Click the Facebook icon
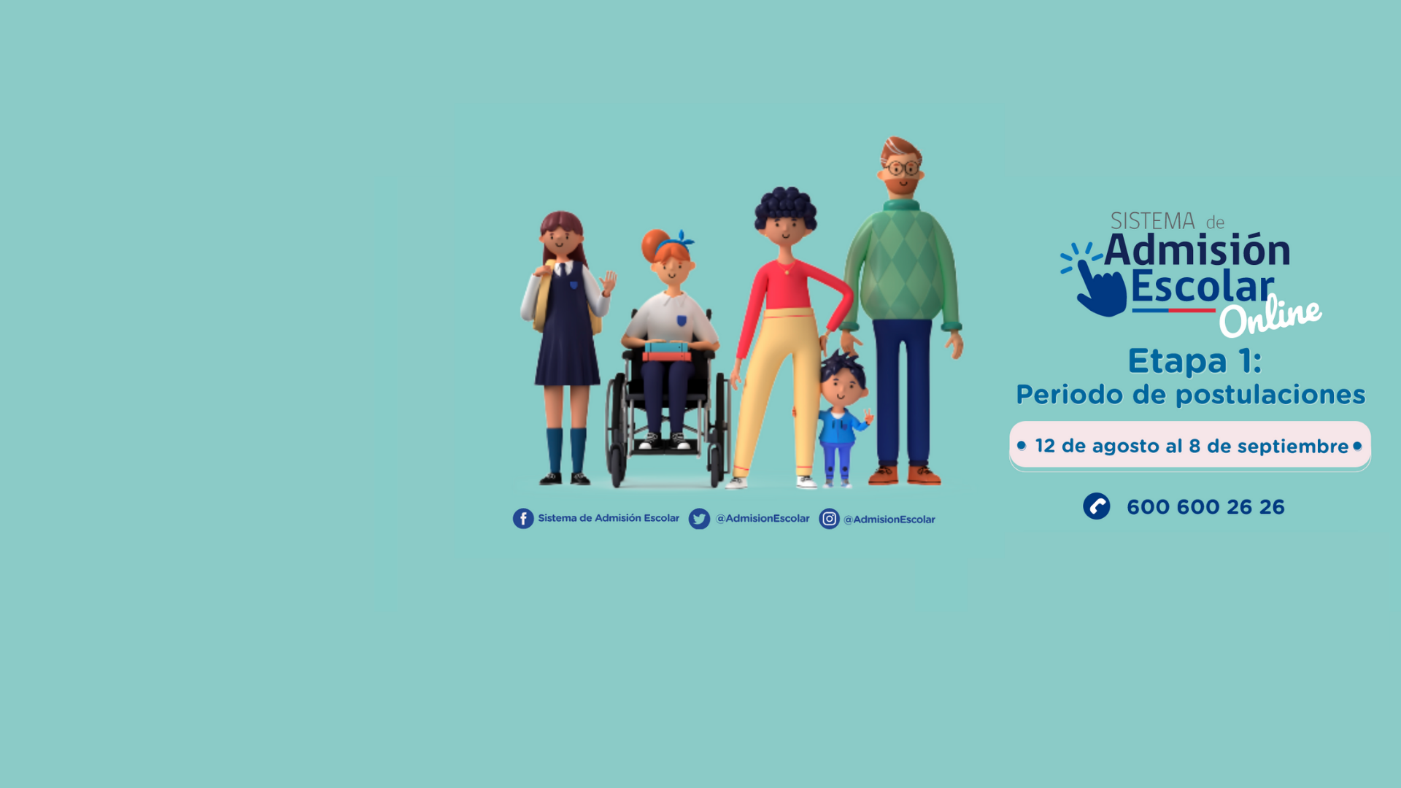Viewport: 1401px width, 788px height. [523, 519]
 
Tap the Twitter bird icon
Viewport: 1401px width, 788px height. [699, 519]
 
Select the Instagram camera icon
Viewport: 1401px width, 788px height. [829, 519]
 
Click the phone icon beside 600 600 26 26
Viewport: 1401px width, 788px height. [1096, 506]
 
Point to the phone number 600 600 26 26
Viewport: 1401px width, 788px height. [1205, 507]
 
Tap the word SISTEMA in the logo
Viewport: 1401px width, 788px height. [1152, 221]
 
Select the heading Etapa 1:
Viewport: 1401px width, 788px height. [1194, 361]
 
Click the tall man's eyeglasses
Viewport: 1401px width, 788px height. [902, 169]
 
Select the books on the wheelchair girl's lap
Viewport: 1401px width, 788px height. [666, 351]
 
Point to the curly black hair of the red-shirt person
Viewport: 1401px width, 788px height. [785, 206]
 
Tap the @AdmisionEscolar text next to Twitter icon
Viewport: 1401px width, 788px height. [763, 519]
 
